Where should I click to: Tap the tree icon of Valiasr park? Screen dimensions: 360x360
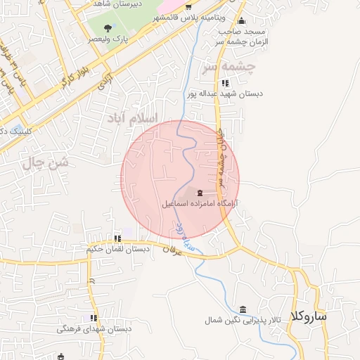point(107,28)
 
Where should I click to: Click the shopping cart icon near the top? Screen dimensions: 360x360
point(188,6)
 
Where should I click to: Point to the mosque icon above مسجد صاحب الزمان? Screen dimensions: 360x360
point(242,20)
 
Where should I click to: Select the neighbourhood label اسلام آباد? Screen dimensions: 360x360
point(134,117)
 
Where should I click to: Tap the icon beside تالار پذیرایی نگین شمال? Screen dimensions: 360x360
point(243,310)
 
